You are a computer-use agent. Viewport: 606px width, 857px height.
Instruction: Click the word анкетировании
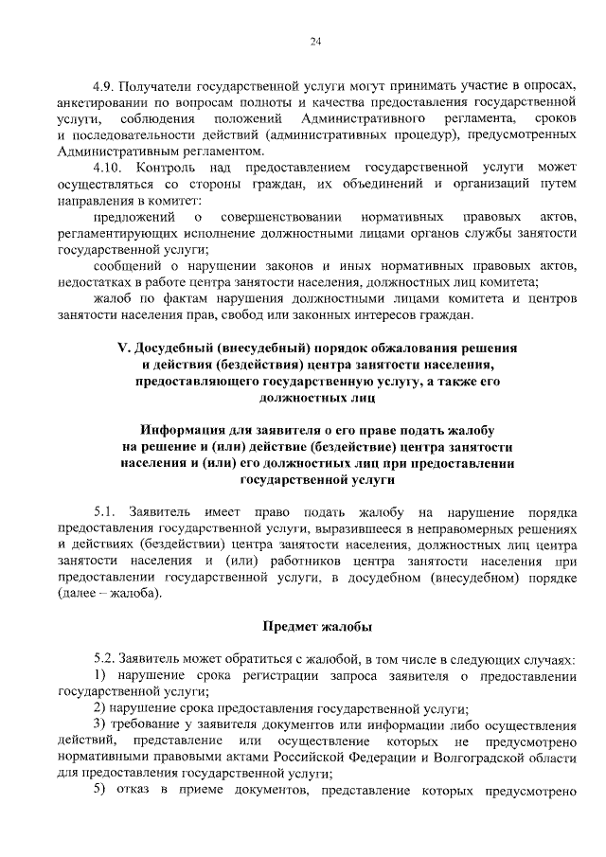(104, 101)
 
